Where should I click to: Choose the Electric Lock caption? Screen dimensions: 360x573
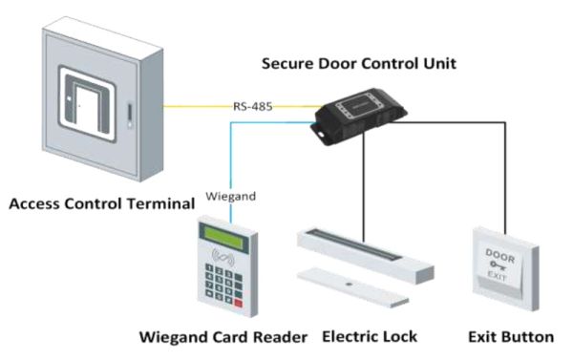coord(370,337)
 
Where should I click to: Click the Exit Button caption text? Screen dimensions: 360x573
coord(511,337)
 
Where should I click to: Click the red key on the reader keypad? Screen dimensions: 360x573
coord(238,303)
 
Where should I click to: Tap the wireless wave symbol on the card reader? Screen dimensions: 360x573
coord(225,257)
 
